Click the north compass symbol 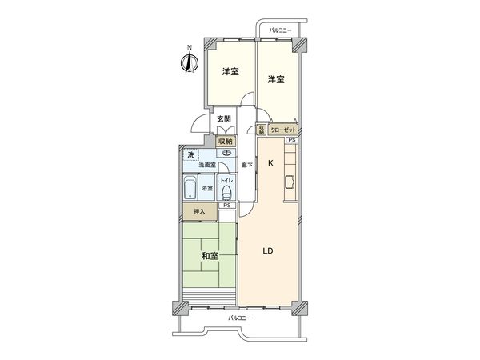190,62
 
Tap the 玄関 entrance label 224,120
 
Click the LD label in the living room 269,250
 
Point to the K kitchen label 270,163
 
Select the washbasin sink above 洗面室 226,153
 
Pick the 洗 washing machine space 190,154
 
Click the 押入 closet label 199,211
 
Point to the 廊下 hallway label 248,166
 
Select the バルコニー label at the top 281,30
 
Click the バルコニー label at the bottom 239,318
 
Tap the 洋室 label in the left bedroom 230,73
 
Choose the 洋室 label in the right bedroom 275,79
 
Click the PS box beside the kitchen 291,139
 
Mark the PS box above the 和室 228,206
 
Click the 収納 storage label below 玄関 226,139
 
